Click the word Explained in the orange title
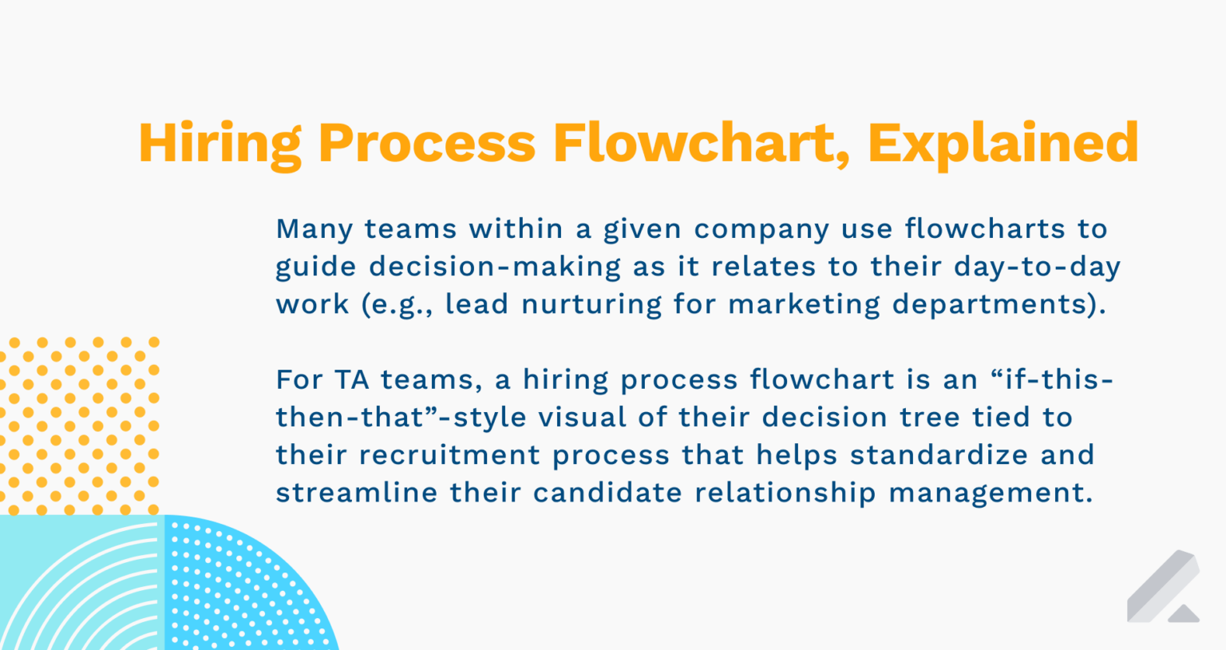(x=1003, y=144)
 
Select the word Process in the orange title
(x=427, y=144)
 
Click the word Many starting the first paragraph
(x=314, y=229)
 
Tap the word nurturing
(x=591, y=304)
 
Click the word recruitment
(x=449, y=454)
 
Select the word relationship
(x=785, y=492)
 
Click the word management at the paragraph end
(x=990, y=492)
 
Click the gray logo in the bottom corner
(x=1164, y=587)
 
